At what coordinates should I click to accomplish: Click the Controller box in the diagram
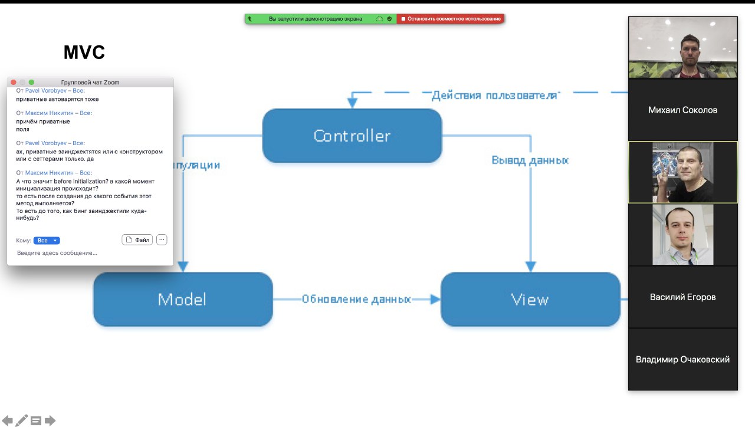pyautogui.click(x=352, y=136)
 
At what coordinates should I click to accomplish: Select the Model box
pyautogui.click(x=183, y=299)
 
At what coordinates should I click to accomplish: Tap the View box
pyautogui.click(x=530, y=299)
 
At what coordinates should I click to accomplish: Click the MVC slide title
pyautogui.click(x=84, y=53)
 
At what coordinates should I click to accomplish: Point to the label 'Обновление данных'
pyautogui.click(x=356, y=299)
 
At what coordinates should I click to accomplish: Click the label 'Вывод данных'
pyautogui.click(x=530, y=160)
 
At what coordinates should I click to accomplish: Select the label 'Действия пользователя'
pyautogui.click(x=494, y=96)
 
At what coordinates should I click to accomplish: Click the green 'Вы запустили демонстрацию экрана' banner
pyautogui.click(x=315, y=19)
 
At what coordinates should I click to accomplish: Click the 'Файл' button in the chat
pyautogui.click(x=137, y=239)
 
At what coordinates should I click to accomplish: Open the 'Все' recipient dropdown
pyautogui.click(x=47, y=241)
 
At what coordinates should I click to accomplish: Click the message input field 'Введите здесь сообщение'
pyautogui.click(x=88, y=253)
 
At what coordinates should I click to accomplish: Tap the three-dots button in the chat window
pyautogui.click(x=162, y=239)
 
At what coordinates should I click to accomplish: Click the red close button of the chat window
pyautogui.click(x=14, y=82)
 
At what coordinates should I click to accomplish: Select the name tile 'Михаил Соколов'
pyautogui.click(x=682, y=110)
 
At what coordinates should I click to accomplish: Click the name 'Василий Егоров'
pyautogui.click(x=682, y=297)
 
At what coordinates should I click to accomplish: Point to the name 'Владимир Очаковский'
pyautogui.click(x=682, y=359)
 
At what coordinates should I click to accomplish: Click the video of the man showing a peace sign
pyautogui.click(x=682, y=172)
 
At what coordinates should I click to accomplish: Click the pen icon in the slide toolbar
pyautogui.click(x=22, y=421)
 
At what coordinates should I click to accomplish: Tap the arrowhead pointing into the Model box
pyautogui.click(x=183, y=267)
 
